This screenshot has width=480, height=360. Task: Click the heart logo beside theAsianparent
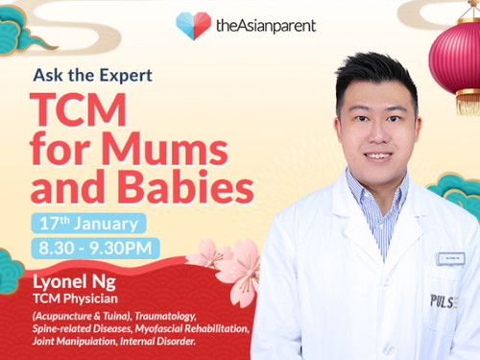193,25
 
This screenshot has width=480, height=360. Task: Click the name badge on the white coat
450,257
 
